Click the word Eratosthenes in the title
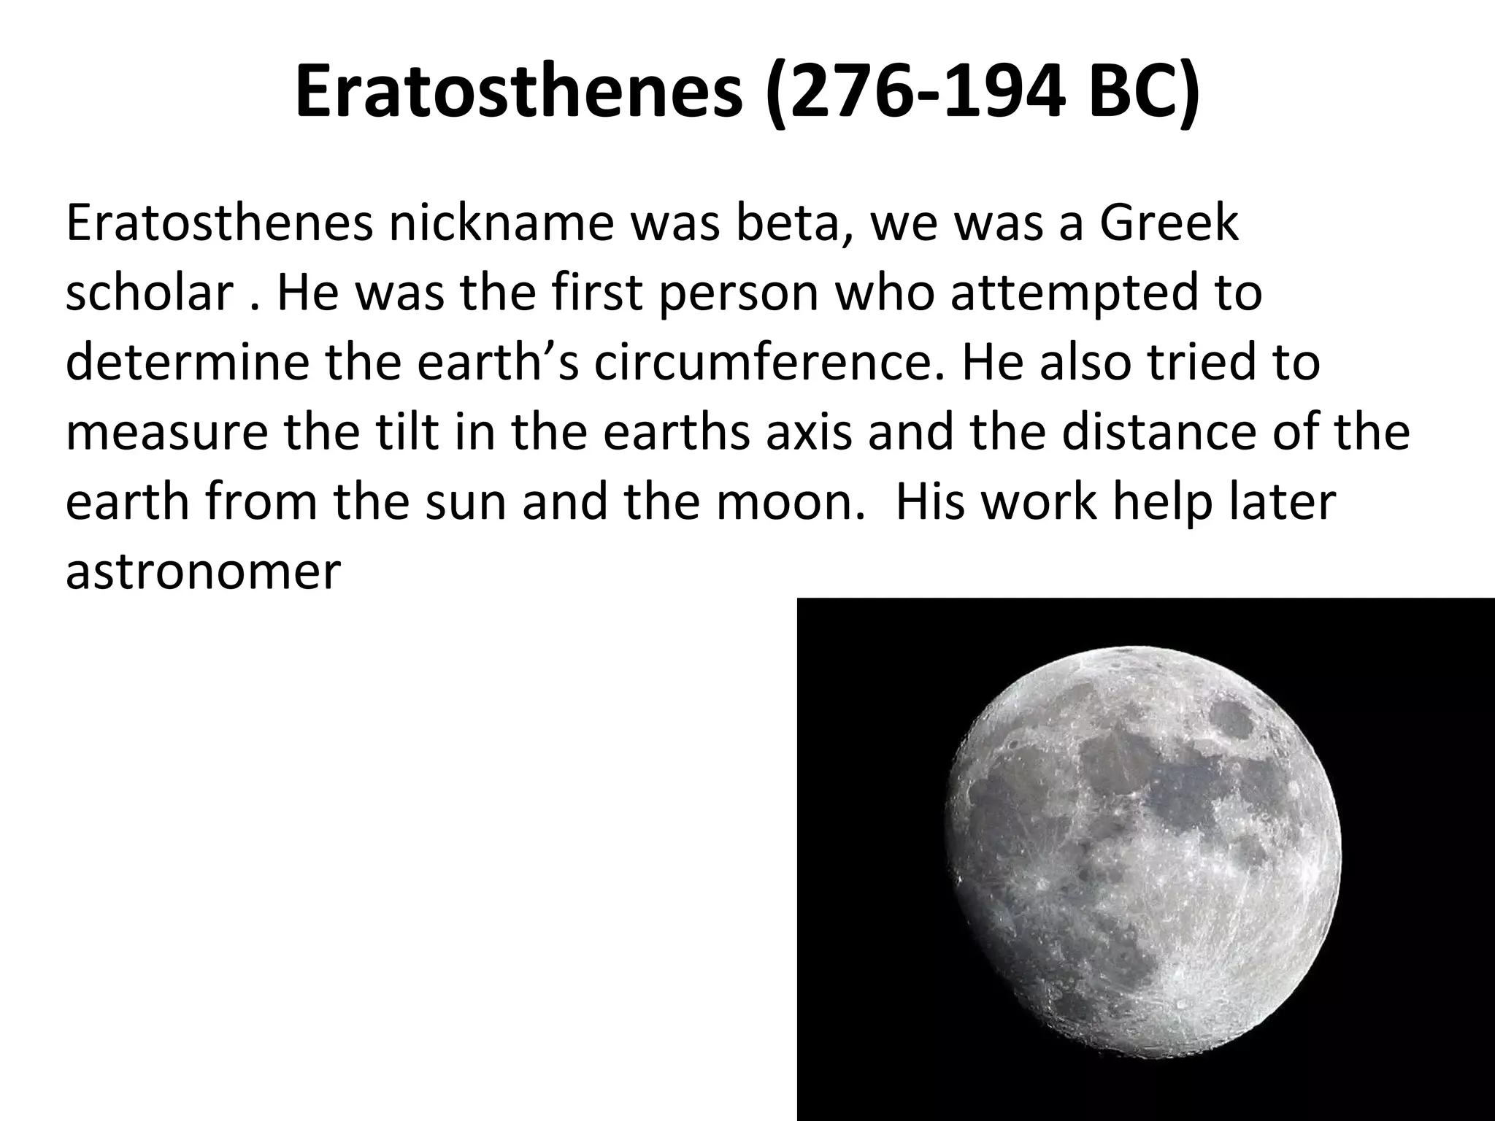pos(519,93)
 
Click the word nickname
pos(501,223)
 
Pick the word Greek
pos(1169,223)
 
